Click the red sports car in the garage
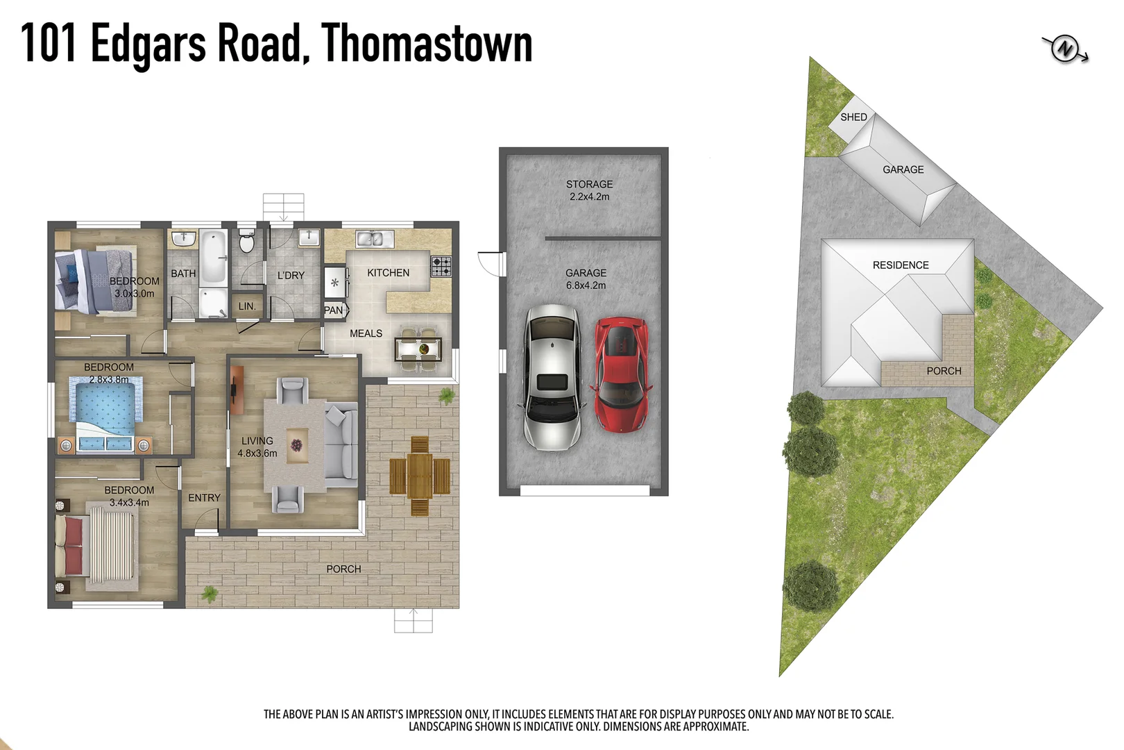point(622,375)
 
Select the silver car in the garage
point(552,376)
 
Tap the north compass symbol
point(1065,49)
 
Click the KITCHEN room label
point(388,273)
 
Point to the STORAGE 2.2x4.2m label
point(589,190)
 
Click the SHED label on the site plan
point(853,117)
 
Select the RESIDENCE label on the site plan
point(900,265)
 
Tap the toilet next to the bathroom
point(246,242)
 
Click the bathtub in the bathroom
point(214,257)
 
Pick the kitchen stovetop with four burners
point(441,266)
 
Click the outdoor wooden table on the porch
point(420,476)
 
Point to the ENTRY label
point(204,498)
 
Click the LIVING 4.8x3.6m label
point(257,447)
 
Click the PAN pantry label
point(334,310)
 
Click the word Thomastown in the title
point(427,43)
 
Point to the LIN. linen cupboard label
point(247,306)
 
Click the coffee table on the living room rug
point(296,444)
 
